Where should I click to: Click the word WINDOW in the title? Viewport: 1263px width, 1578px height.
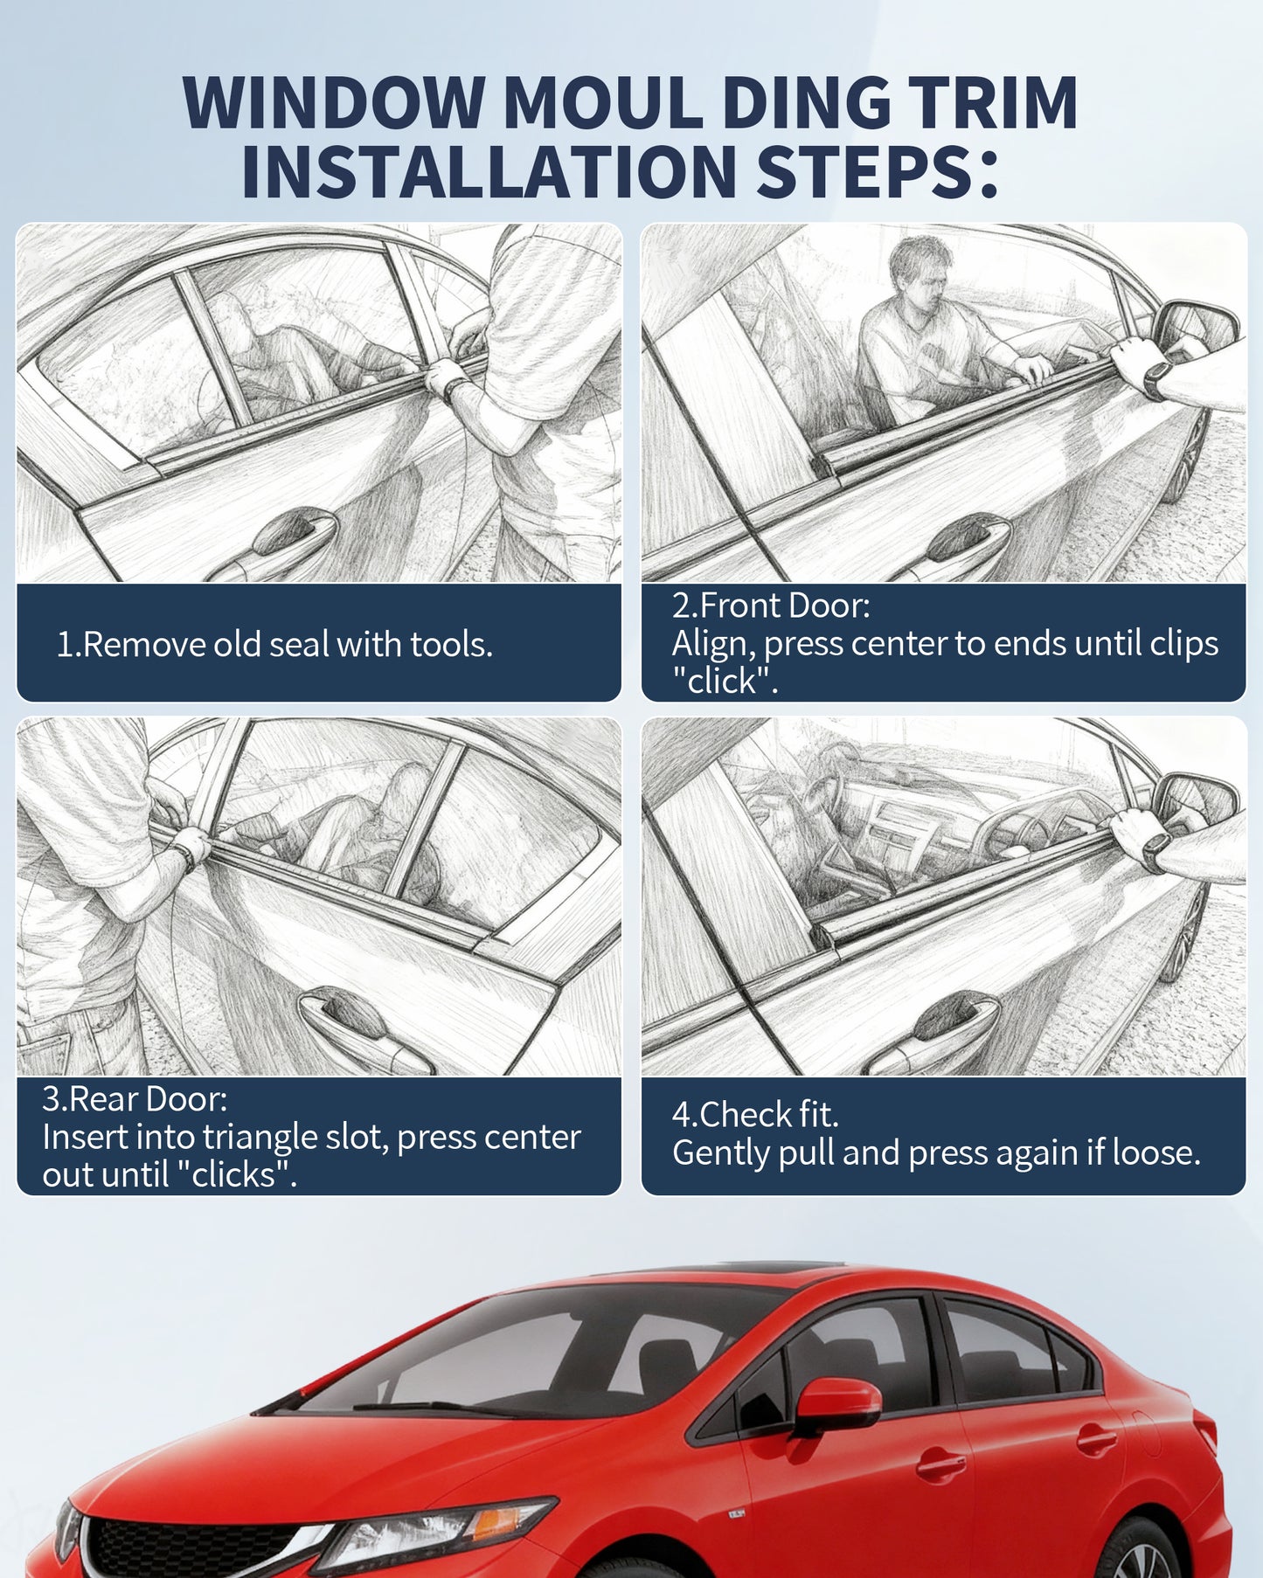pyautogui.click(x=333, y=103)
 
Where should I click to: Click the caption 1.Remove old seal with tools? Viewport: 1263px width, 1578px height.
pyautogui.click(x=274, y=644)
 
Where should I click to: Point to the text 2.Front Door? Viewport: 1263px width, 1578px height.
pyautogui.click(x=771, y=605)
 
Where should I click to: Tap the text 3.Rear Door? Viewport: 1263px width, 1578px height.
pyautogui.click(x=135, y=1098)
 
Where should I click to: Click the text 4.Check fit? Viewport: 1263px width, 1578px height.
pyautogui.click(x=755, y=1114)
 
